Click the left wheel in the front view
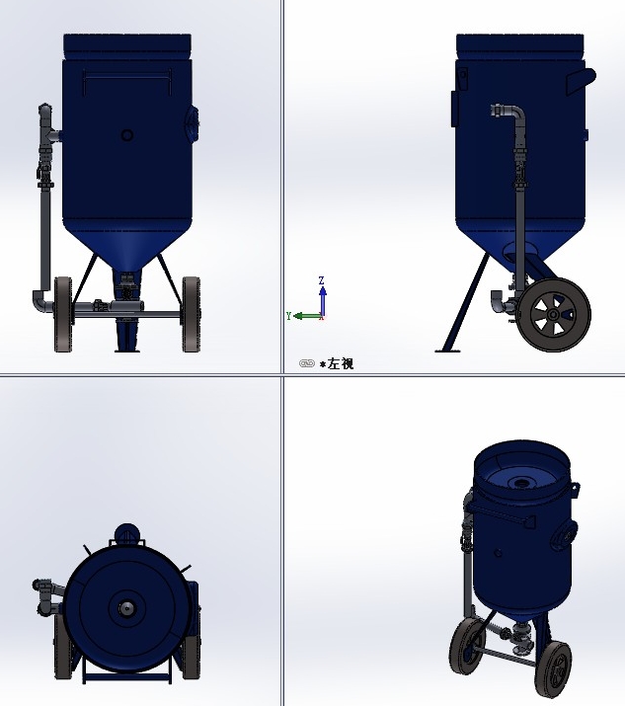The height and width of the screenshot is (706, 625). [63, 314]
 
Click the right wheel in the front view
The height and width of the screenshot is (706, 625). [191, 314]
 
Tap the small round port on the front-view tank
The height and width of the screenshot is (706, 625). [126, 135]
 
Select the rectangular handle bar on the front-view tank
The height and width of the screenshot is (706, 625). [127, 75]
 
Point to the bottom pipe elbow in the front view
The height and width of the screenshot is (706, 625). [39, 300]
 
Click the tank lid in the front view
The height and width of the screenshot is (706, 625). [126, 44]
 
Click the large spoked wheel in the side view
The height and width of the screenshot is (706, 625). [553, 315]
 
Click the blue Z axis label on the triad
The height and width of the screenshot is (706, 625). [322, 281]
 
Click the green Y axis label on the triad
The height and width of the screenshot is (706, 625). [288, 316]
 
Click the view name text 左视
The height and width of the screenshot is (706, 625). [341, 364]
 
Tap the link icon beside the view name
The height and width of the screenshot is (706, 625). [306, 364]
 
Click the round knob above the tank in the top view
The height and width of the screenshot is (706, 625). [126, 534]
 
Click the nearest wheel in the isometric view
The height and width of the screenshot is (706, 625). [553, 668]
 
